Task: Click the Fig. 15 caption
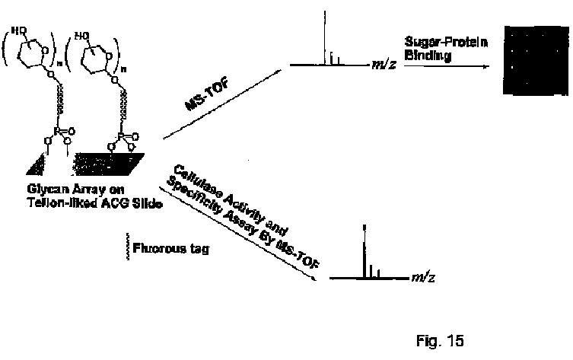(x=439, y=339)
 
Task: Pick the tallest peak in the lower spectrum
(x=365, y=251)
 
